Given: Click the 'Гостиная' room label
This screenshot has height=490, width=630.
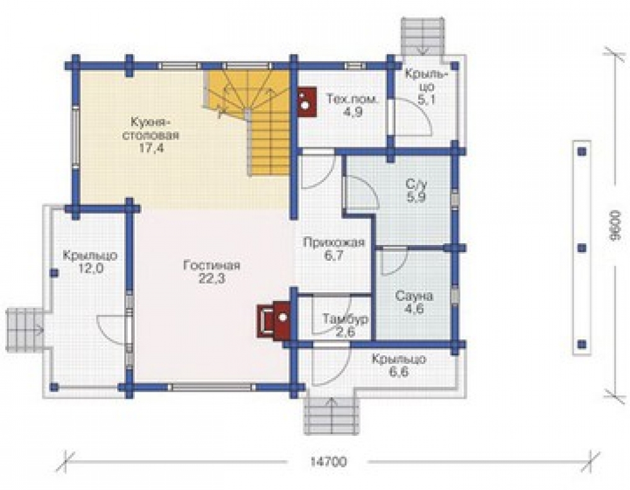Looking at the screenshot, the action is (x=212, y=266).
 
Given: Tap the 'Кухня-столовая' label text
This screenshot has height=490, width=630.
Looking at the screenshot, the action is (x=150, y=128).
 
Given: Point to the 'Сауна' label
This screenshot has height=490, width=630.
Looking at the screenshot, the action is (x=415, y=297).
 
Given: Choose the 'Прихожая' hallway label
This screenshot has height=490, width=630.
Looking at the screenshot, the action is (x=334, y=242).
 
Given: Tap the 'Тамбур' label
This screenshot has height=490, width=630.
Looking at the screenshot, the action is (x=345, y=319).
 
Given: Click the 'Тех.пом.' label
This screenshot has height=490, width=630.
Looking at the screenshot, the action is (x=352, y=99).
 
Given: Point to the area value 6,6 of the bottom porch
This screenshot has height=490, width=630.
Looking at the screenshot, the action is (x=399, y=372).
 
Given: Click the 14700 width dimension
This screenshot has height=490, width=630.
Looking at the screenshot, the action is (x=328, y=462).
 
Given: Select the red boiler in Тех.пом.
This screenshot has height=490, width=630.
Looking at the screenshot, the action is (x=307, y=102).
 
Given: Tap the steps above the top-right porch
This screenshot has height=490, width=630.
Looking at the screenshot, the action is (x=423, y=36).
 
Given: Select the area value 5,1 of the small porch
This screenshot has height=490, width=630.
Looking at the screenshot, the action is (x=426, y=100).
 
